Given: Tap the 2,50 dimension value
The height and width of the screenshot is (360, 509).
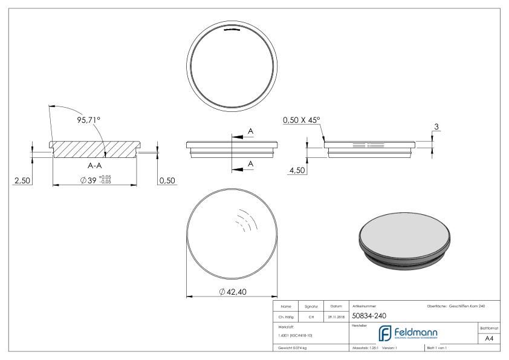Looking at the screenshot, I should pos(22,180).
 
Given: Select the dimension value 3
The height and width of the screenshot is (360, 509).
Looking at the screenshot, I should pos(437,127).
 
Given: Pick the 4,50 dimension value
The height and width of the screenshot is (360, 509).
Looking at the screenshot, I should pos(297,171).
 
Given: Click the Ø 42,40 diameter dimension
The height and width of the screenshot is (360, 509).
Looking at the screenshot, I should pos(232,292).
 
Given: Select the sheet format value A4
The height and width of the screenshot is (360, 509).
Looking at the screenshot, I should pos(491,339).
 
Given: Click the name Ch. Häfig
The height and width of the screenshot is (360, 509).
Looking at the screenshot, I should pos(286,316).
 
